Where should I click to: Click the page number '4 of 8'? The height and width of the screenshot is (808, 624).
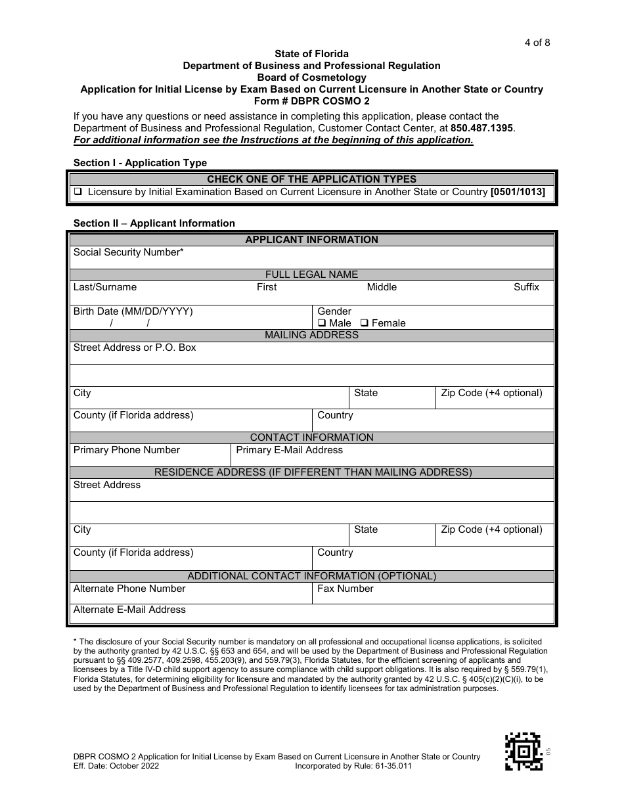[537, 43]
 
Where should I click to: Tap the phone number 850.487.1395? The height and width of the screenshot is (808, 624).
[482, 128]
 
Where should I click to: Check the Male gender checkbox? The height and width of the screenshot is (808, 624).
[322, 323]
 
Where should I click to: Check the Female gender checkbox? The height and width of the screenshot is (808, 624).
[365, 323]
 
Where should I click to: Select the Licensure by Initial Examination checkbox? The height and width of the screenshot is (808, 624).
[78, 192]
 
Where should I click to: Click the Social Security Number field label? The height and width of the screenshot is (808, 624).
[128, 252]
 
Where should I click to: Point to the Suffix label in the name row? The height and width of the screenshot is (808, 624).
[526, 287]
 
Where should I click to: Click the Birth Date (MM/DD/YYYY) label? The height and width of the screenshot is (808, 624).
[133, 311]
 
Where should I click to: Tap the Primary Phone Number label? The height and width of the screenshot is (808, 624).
[126, 450]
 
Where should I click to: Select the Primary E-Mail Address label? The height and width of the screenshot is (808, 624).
[289, 450]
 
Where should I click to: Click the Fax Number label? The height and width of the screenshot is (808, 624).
[345, 589]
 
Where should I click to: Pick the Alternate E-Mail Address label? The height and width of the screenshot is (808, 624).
[129, 610]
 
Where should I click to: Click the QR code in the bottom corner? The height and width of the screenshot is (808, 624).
[523, 751]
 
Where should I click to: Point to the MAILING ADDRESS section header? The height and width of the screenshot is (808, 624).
[311, 335]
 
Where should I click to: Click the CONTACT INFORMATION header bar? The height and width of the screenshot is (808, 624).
[311, 438]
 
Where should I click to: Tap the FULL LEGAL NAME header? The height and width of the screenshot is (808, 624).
[311, 275]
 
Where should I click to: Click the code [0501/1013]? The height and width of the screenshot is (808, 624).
[518, 192]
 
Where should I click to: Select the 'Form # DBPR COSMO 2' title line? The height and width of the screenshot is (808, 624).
[311, 101]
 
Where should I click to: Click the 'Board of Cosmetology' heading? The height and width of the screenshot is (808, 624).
[311, 78]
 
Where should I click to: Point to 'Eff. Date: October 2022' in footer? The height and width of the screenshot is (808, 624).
[116, 766]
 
